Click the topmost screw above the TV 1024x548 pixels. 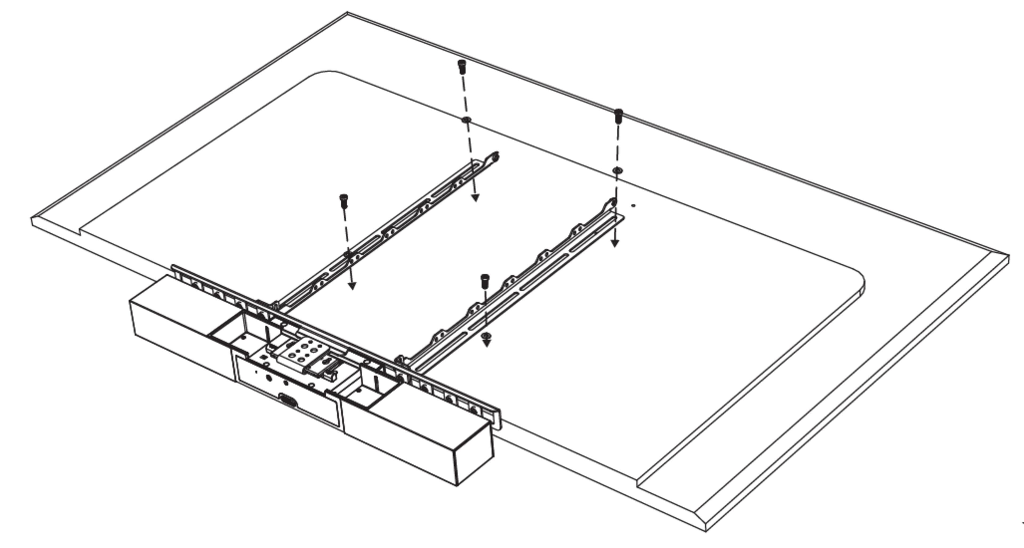(462, 67)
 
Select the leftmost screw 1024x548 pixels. (344, 201)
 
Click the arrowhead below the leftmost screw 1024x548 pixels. (352, 285)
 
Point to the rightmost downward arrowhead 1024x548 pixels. (615, 243)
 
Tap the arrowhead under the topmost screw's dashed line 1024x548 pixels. (475, 198)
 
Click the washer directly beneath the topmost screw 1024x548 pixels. (466, 120)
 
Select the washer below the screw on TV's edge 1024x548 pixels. (617, 171)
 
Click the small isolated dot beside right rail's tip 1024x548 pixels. (634, 205)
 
